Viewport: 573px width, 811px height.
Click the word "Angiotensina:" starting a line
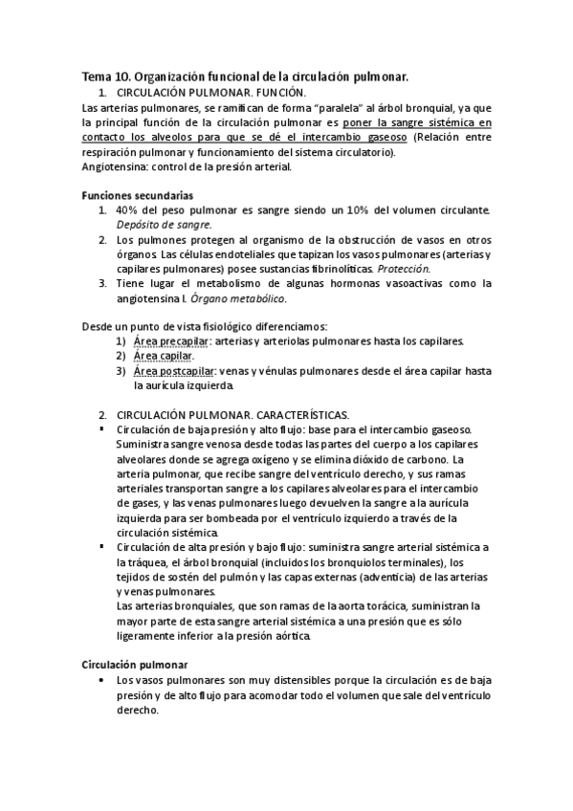(x=116, y=165)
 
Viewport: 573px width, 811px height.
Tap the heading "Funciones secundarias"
(x=138, y=194)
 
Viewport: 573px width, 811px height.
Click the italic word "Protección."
(x=406, y=269)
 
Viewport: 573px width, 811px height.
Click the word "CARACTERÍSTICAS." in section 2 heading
(x=299, y=414)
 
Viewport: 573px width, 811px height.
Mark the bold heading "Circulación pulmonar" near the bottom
(x=134, y=664)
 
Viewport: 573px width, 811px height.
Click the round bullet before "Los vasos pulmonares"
(x=102, y=679)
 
